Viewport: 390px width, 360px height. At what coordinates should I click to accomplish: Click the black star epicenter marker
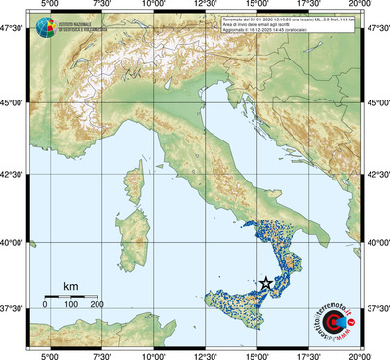click(266, 282)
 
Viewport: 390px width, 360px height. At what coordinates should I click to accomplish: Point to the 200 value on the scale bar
click(97, 305)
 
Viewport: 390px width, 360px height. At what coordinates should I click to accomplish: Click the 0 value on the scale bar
click(45, 305)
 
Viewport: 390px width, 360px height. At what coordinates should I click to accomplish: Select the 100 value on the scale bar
click(71, 305)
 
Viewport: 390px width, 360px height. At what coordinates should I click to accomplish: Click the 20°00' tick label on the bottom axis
click(363, 355)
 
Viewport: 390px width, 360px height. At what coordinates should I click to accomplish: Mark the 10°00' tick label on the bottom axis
click(153, 355)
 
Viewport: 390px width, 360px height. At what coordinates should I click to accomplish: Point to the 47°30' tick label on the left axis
click(13, 30)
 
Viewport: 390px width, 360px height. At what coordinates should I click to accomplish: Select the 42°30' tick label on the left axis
click(13, 175)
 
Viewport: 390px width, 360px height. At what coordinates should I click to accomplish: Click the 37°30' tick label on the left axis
click(13, 308)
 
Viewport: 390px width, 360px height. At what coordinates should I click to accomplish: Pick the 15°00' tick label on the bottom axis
click(258, 355)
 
